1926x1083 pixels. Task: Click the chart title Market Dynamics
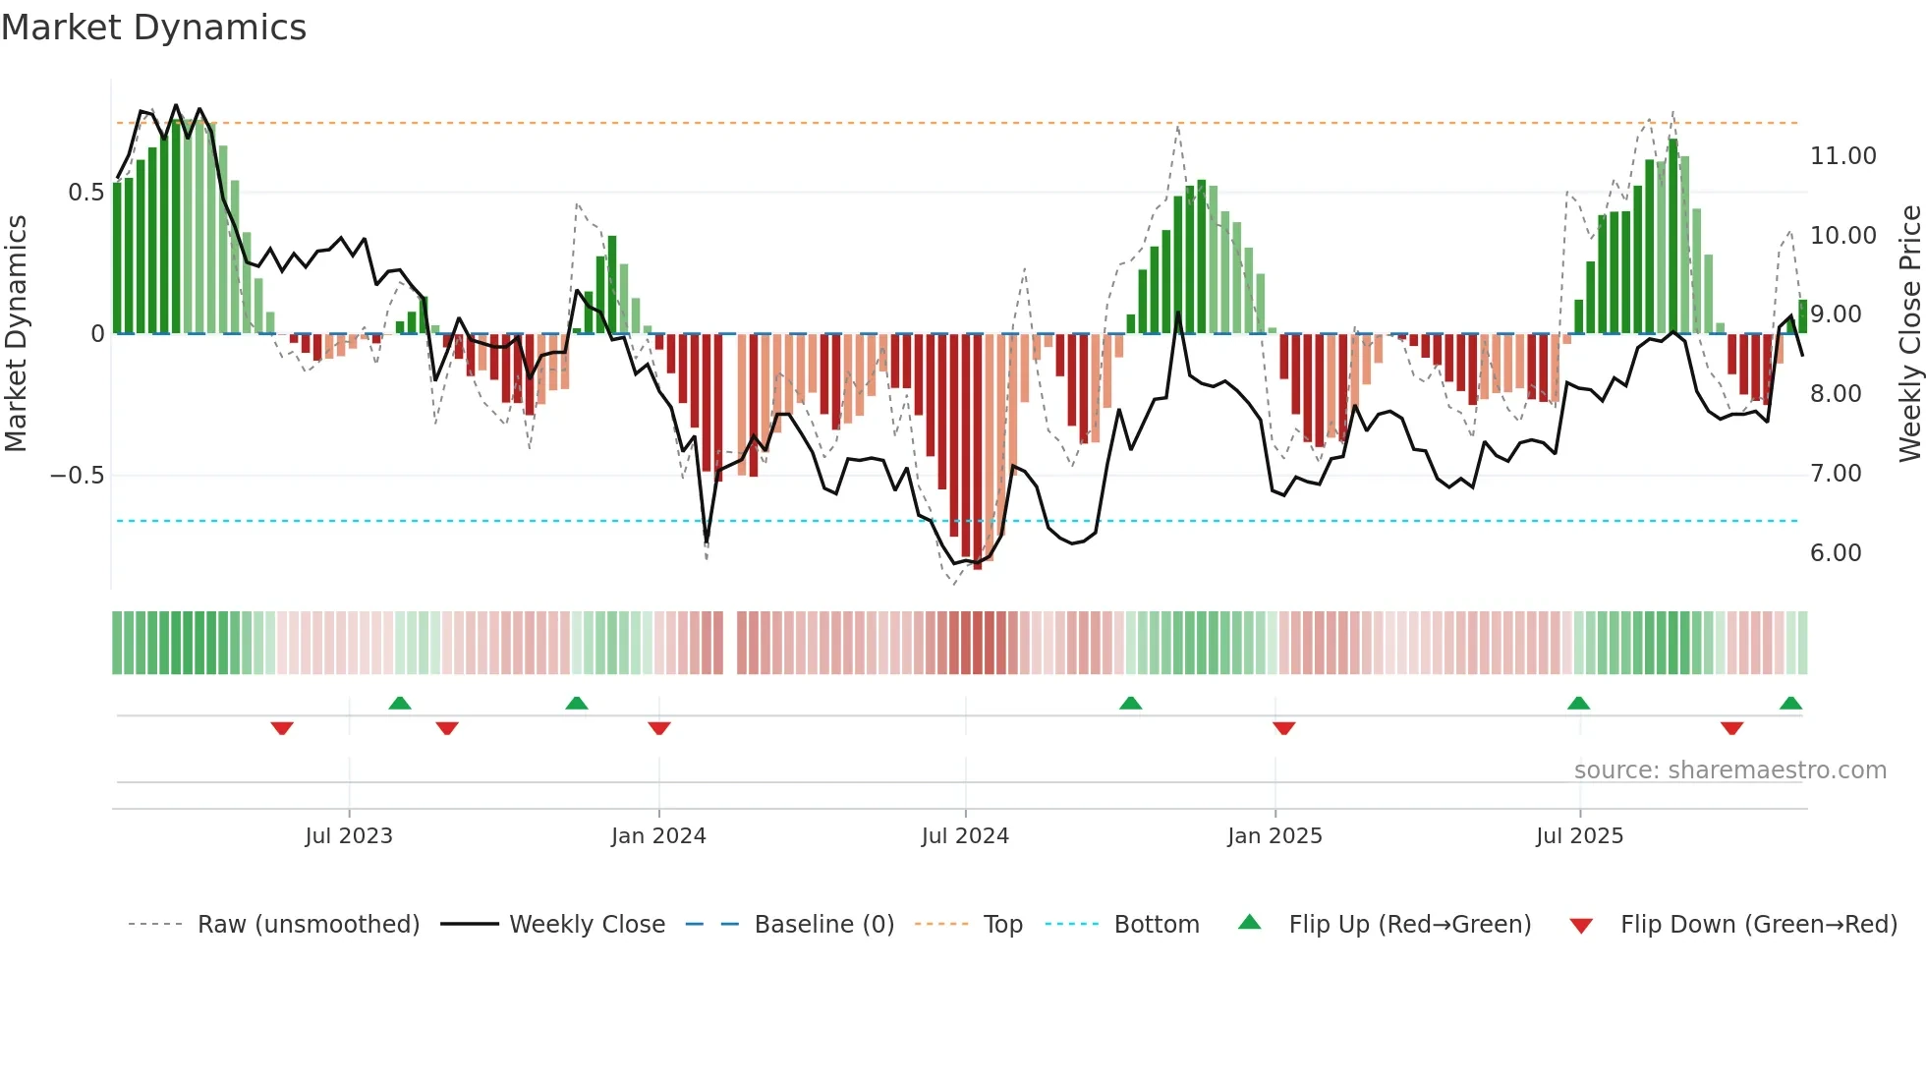point(153,28)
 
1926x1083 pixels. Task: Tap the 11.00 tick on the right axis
point(1842,156)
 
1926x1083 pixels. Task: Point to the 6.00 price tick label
point(1835,553)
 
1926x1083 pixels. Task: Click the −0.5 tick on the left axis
point(77,476)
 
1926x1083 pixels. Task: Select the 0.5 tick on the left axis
point(85,193)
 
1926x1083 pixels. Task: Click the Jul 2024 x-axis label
point(964,836)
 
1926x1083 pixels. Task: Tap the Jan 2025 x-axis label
point(1274,836)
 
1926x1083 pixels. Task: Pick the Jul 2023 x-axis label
point(348,836)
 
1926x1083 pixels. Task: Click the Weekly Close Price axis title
point(1908,333)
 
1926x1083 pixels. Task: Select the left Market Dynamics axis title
point(16,333)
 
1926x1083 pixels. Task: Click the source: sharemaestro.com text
point(1729,770)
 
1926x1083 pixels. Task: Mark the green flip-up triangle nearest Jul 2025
point(1578,704)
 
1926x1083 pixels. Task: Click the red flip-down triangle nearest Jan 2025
point(1283,728)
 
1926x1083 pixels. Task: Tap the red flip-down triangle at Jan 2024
point(659,728)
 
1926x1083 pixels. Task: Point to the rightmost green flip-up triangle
point(1790,704)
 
